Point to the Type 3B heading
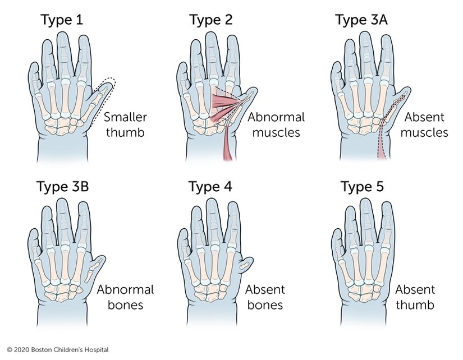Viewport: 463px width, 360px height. click(x=62, y=186)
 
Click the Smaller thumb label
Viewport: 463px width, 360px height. click(x=125, y=125)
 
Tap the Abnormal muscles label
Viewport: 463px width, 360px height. click(x=276, y=125)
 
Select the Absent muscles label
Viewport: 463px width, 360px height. click(x=424, y=125)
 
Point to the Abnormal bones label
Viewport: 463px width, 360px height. click(x=125, y=297)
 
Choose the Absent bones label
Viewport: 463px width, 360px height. click(x=265, y=297)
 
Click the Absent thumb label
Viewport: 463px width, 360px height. click(x=415, y=297)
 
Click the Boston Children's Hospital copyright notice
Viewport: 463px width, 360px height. click(x=58, y=350)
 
